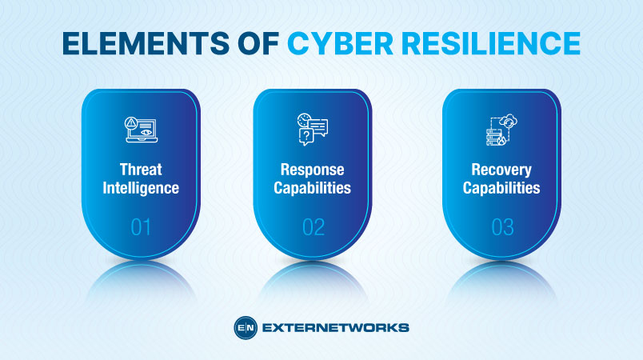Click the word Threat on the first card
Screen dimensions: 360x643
(x=141, y=170)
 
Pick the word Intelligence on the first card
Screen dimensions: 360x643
(x=141, y=189)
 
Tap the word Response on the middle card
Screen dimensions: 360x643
(x=312, y=170)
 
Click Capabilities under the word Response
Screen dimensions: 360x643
(x=312, y=189)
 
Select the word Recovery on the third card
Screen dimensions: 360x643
(x=501, y=170)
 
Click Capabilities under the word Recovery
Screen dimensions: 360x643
(x=501, y=189)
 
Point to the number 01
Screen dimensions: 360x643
(x=141, y=228)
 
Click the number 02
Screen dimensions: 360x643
(x=313, y=228)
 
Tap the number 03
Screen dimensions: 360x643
(x=501, y=228)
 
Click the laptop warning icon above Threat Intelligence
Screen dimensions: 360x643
(x=140, y=130)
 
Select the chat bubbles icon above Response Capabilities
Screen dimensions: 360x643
(x=312, y=130)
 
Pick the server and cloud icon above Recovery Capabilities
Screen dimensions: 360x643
(x=501, y=130)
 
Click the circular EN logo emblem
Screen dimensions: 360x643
(x=245, y=327)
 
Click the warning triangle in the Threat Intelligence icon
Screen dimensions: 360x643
(x=131, y=122)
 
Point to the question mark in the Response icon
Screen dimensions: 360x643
(x=305, y=138)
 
